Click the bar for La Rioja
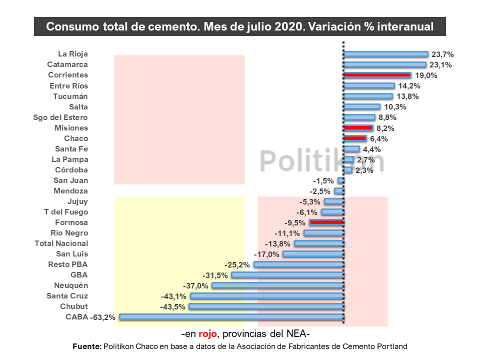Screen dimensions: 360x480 (385, 54)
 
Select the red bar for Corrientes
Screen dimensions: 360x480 (377, 75)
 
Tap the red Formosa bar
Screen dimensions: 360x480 (326, 222)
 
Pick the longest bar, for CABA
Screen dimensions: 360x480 (231, 317)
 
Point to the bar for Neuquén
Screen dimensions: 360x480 (278, 285)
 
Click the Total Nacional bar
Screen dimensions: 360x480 (319, 243)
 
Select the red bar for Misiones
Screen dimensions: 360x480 (358, 128)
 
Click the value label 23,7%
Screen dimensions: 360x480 (442, 54)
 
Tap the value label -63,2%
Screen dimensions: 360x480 (103, 317)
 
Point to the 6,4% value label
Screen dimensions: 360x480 (379, 138)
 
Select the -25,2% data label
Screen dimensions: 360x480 (238, 264)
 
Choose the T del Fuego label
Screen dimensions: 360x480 (66, 212)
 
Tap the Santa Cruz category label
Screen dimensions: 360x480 (67, 296)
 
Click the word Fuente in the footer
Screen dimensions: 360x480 (87, 346)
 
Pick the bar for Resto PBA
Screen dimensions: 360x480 (299, 264)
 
